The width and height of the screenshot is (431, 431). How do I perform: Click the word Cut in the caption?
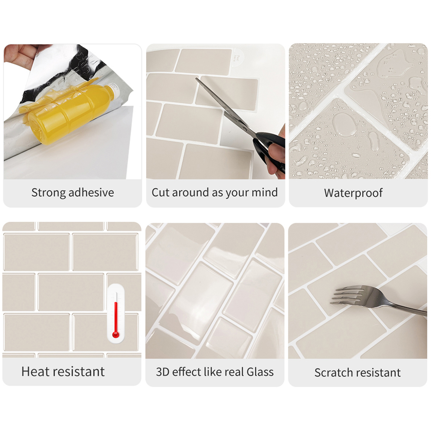[x=160, y=192]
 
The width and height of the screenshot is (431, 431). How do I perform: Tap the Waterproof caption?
[x=353, y=193]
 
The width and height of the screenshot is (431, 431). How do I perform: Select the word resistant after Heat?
[x=81, y=371]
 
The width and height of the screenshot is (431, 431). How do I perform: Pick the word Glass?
[x=260, y=372]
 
